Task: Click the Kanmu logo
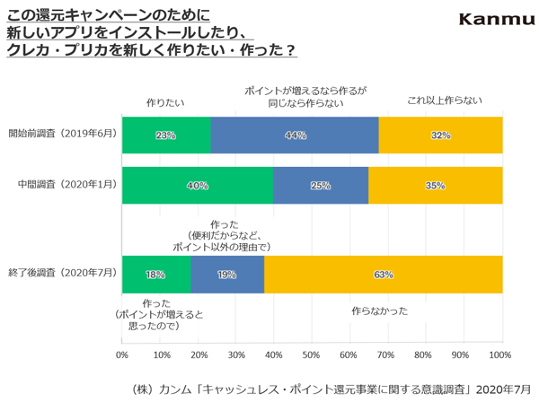click(x=497, y=19)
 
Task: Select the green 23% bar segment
click(x=166, y=135)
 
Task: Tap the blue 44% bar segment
click(x=295, y=135)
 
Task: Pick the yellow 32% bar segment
click(x=441, y=135)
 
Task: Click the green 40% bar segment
click(x=198, y=186)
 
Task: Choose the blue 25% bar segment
click(x=321, y=186)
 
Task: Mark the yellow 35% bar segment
click(x=436, y=186)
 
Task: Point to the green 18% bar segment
click(x=156, y=275)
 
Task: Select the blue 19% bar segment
click(x=227, y=275)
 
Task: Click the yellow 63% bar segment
click(x=384, y=275)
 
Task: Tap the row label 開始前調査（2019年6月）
click(x=63, y=133)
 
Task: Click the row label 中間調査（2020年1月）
click(x=67, y=184)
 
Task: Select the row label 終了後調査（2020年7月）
click(x=63, y=273)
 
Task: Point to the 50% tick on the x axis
click(x=311, y=354)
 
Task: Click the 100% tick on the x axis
click(x=500, y=354)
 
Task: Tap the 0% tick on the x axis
click(x=122, y=354)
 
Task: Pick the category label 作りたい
click(x=165, y=102)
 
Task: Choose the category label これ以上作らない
click(x=445, y=100)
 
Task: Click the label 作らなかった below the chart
click(x=379, y=311)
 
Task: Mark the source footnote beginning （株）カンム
click(x=331, y=389)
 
